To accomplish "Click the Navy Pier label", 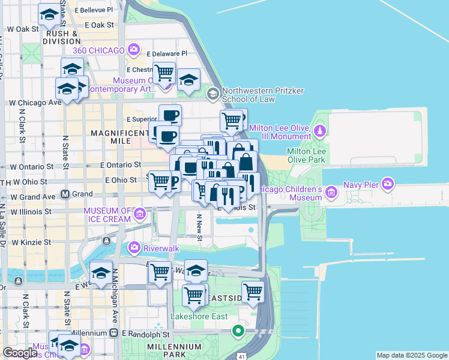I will [361, 185].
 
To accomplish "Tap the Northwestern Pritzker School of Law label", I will [263, 95].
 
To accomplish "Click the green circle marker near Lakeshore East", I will [238, 330].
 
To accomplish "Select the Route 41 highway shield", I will [240, 355].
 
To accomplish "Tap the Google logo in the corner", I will [20, 353].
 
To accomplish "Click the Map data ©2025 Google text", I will [412, 355].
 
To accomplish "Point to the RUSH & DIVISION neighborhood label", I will [62, 38].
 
